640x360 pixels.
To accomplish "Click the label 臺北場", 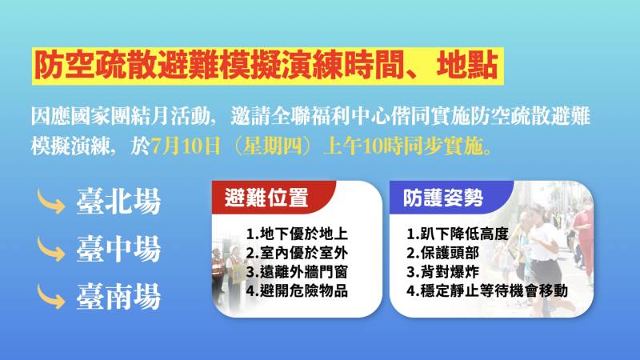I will coord(118,201).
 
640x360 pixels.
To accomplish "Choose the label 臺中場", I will coord(118,249).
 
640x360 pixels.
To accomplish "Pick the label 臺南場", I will coord(118,297).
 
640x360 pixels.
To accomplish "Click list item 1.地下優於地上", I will coord(297,235).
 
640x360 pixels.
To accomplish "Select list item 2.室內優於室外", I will coord(297,254).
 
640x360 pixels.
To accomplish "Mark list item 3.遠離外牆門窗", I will coord(297,272).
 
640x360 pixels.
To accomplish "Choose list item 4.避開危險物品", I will coord(297,290).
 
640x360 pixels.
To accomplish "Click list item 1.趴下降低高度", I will coord(457,235).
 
